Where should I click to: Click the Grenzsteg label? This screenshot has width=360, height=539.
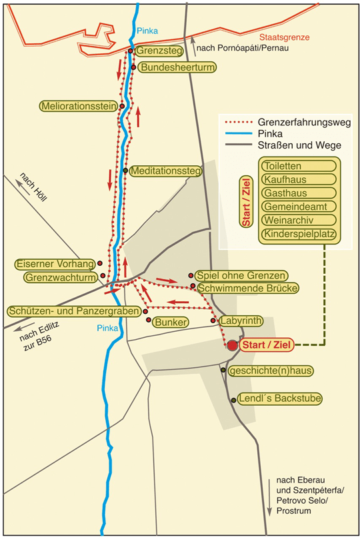click(159, 51)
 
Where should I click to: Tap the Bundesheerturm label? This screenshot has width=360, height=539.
click(177, 67)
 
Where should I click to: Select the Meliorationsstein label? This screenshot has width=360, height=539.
click(79, 106)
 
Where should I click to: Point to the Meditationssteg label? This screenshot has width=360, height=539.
click(166, 171)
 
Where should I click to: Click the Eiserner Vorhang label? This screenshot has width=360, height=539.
click(55, 264)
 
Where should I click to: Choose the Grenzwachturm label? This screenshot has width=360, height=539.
click(61, 277)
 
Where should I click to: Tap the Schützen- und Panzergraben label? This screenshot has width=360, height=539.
click(74, 311)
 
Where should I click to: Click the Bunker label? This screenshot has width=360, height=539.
click(171, 322)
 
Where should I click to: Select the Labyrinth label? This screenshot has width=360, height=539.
click(241, 320)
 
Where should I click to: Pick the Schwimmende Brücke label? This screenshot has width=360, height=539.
click(247, 288)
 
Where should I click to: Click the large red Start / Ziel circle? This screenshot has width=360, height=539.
click(233, 346)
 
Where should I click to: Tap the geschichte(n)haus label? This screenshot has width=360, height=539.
click(271, 371)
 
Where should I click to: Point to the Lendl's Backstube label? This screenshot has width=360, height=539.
click(279, 398)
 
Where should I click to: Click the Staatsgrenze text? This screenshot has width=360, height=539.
click(285, 37)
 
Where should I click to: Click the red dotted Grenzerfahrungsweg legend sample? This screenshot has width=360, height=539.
click(238, 123)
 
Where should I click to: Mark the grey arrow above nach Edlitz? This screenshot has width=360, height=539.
click(24, 327)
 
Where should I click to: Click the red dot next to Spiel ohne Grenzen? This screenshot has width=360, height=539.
click(191, 275)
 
